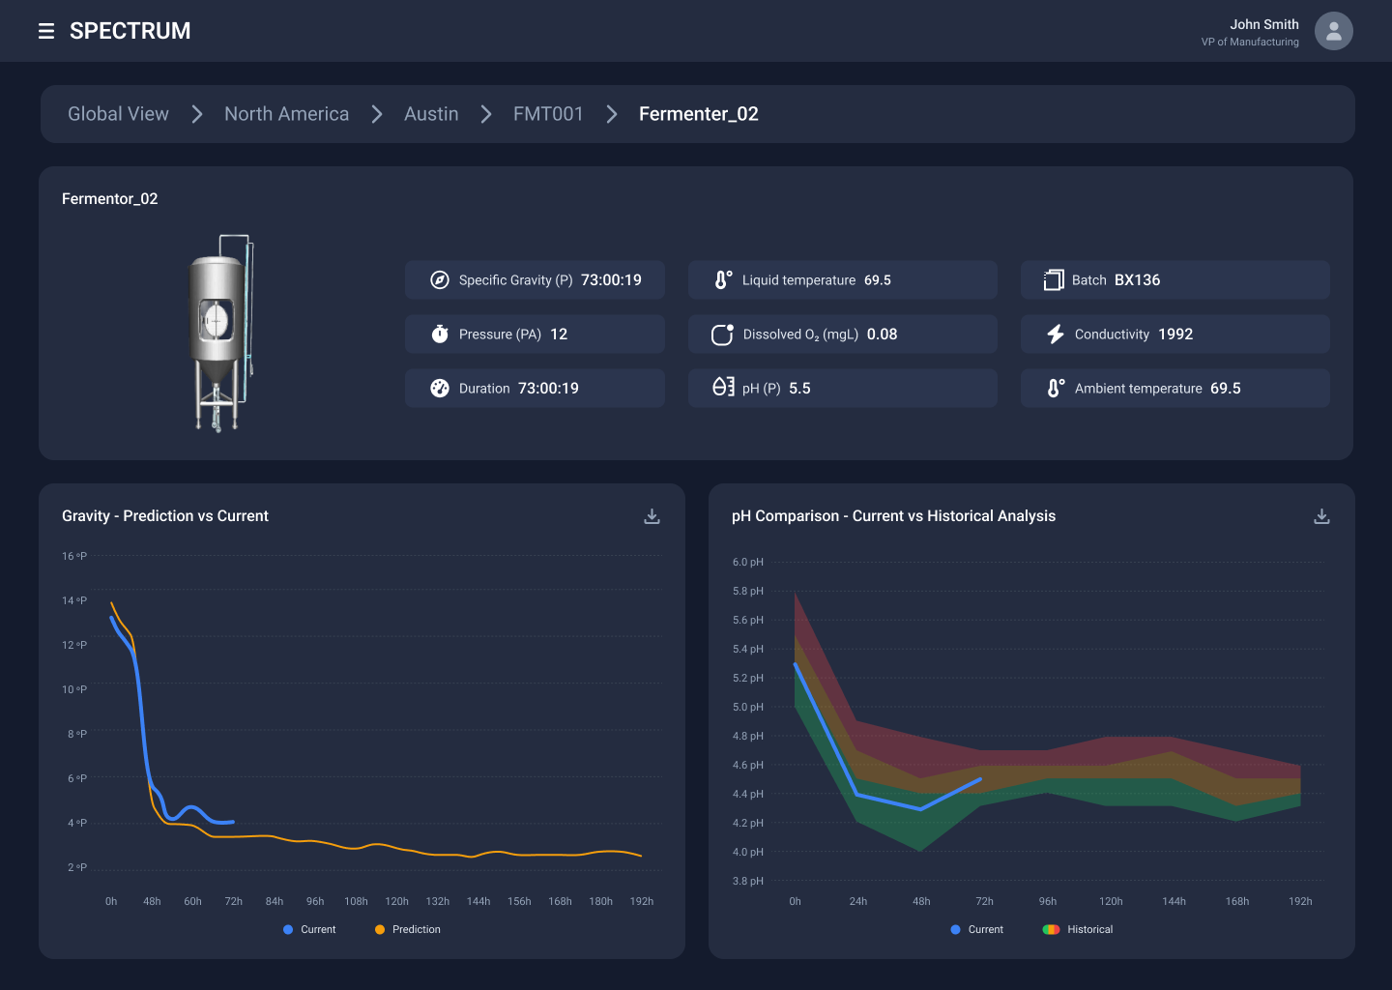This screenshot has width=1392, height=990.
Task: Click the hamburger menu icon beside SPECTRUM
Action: point(45,31)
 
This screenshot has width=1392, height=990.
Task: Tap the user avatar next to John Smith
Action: point(1333,31)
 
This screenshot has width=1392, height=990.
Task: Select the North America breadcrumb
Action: point(286,114)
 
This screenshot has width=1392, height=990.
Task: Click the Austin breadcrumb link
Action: point(431,114)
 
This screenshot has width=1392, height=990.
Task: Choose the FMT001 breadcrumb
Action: point(548,114)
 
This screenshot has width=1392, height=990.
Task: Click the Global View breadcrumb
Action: point(118,114)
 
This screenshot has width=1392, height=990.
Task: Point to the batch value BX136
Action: point(1137,280)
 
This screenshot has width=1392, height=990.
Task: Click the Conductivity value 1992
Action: point(1174,335)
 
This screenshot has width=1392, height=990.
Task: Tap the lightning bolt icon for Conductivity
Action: point(1055,335)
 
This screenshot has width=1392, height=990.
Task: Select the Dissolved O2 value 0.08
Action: point(882,335)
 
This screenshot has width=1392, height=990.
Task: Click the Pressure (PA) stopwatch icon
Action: point(440,335)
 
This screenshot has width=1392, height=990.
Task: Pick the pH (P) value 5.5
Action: point(799,389)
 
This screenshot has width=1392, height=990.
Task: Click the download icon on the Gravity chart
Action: point(652,516)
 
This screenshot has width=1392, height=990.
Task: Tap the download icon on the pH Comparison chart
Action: point(1321,516)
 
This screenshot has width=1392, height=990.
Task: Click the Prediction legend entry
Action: point(407,929)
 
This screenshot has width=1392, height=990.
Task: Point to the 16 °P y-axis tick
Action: point(74,556)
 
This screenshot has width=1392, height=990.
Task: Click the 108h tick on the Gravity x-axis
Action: point(356,901)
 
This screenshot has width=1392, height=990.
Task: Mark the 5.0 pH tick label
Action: point(747,707)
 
